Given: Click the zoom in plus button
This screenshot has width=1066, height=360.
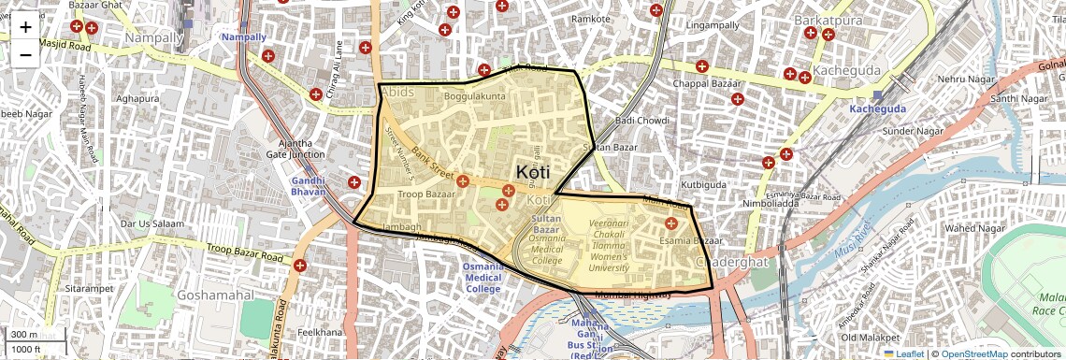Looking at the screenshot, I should click(x=25, y=26).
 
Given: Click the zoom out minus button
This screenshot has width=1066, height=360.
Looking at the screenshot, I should click(x=25, y=53).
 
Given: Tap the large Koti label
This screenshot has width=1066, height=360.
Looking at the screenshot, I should click(x=532, y=172).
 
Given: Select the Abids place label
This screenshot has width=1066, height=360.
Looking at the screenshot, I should click(x=396, y=92).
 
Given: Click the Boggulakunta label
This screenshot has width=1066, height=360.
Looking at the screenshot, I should click(x=474, y=96).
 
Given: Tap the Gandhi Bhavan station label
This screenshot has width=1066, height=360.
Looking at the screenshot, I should click(x=308, y=185).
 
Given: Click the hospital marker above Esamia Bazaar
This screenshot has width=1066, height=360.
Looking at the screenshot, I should click(x=670, y=223).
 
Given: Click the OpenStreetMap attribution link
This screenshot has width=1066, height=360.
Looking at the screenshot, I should click(x=973, y=353).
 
